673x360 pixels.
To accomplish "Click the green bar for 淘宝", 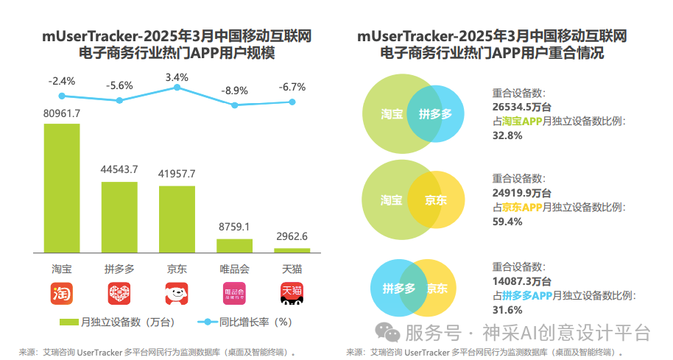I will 62,189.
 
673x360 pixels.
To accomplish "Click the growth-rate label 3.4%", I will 177,77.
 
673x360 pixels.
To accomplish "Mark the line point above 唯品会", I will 235,105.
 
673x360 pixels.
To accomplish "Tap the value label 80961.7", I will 62,113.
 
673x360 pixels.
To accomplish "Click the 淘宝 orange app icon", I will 62,293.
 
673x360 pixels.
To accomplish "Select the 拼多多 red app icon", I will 119,293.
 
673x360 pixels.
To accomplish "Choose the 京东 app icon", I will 177,293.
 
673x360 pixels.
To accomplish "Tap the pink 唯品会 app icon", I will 234,293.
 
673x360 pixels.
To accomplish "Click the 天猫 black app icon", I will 292,293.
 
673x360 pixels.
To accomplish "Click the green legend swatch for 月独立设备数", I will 68,322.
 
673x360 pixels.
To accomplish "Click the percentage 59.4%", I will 507,221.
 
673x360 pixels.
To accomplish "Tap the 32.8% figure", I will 507,135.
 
